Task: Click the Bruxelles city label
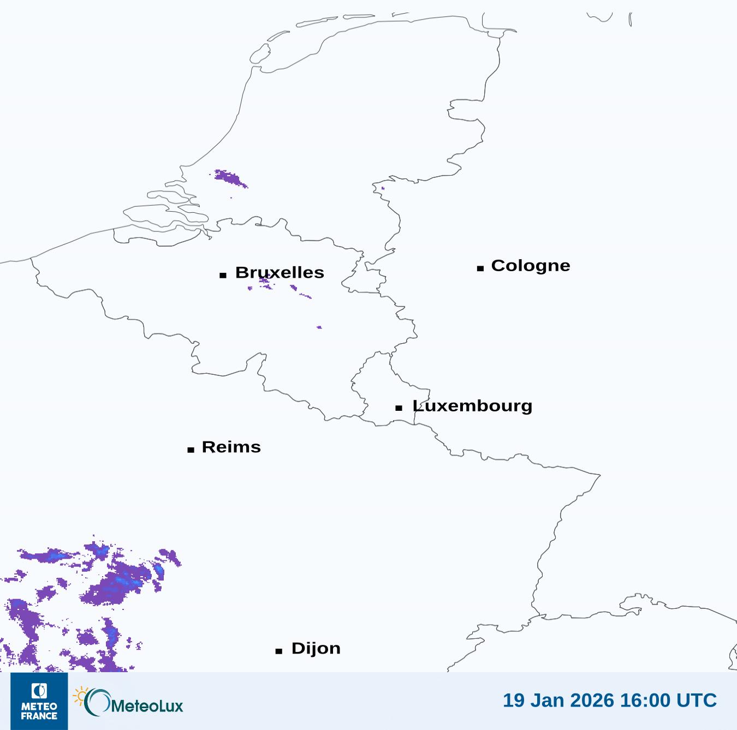click(x=280, y=272)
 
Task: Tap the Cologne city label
click(x=530, y=266)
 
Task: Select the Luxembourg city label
click(x=472, y=406)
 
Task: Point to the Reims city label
click(x=231, y=447)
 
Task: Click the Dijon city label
click(x=316, y=648)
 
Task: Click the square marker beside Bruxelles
click(x=223, y=275)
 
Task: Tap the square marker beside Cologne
click(x=480, y=268)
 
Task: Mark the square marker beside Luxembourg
click(x=399, y=408)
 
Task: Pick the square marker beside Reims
click(x=191, y=450)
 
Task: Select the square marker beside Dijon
click(x=279, y=651)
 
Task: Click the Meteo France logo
click(x=39, y=701)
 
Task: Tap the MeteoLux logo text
click(x=147, y=706)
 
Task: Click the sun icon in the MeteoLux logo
click(x=80, y=696)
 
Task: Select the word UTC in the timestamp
click(x=696, y=700)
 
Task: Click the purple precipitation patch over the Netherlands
click(x=229, y=178)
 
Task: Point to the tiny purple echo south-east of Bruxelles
click(x=319, y=327)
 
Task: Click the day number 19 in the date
click(x=513, y=700)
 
